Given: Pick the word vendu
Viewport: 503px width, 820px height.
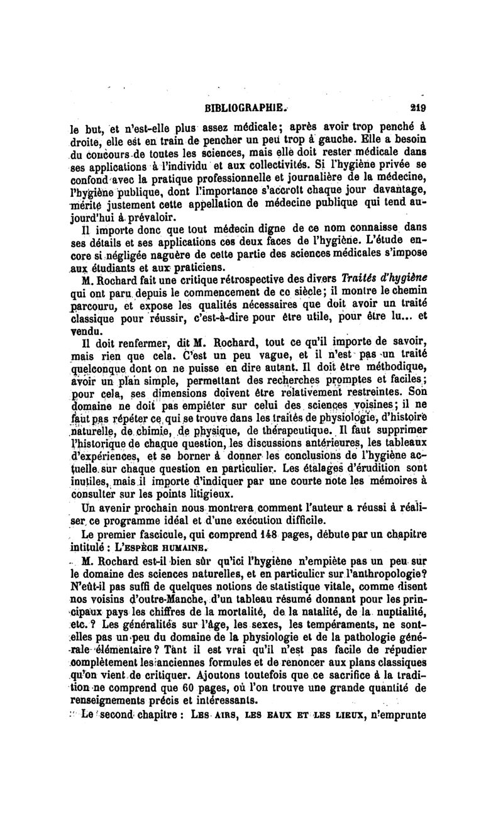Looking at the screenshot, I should [82, 330].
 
